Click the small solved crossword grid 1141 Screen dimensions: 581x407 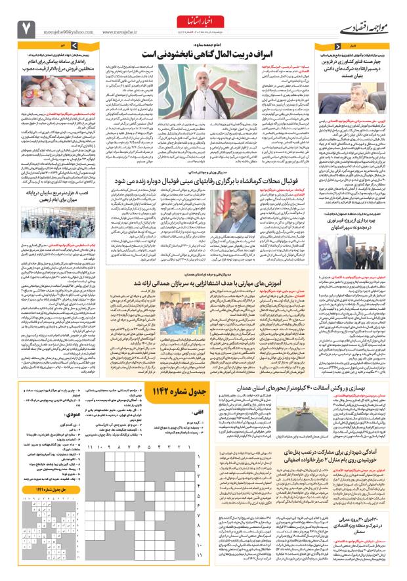tap(45, 551)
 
